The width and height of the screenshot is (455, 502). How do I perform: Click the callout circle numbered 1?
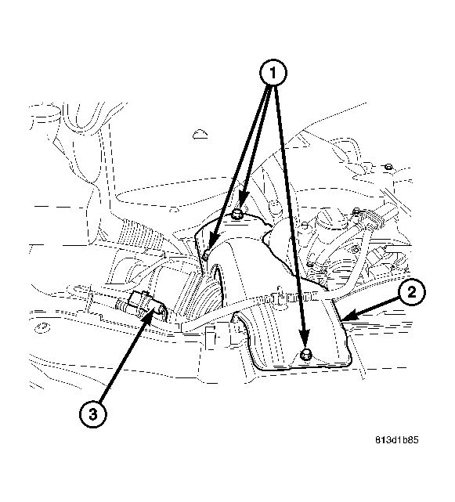click(273, 73)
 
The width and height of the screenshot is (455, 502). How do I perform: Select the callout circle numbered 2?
click(412, 292)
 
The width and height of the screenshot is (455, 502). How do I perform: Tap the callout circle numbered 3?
click(92, 414)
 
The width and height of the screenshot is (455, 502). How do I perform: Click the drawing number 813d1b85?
click(397, 439)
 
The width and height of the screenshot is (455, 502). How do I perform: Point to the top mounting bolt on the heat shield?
click(237, 214)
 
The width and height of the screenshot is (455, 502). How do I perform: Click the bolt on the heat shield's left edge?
click(206, 255)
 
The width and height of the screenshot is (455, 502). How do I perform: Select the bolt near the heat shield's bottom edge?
click(305, 355)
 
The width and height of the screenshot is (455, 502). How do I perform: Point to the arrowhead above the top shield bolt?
click(243, 199)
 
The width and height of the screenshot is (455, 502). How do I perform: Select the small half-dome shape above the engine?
click(200, 135)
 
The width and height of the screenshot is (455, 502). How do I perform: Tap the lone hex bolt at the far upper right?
click(388, 167)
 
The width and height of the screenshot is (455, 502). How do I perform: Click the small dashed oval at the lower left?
click(42, 328)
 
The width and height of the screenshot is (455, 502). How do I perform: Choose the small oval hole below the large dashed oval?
click(174, 210)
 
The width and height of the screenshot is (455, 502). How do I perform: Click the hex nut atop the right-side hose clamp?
click(356, 211)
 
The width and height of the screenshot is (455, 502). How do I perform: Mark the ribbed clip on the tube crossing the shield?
click(294, 296)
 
